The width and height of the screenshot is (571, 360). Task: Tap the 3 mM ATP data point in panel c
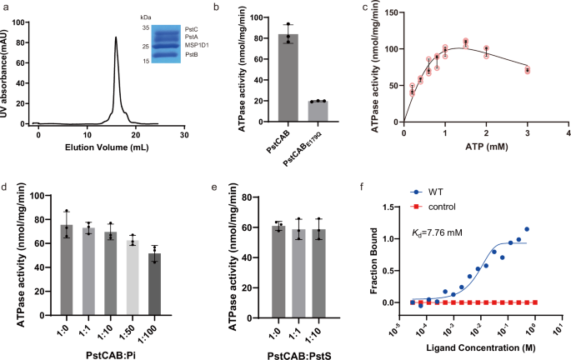527,70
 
